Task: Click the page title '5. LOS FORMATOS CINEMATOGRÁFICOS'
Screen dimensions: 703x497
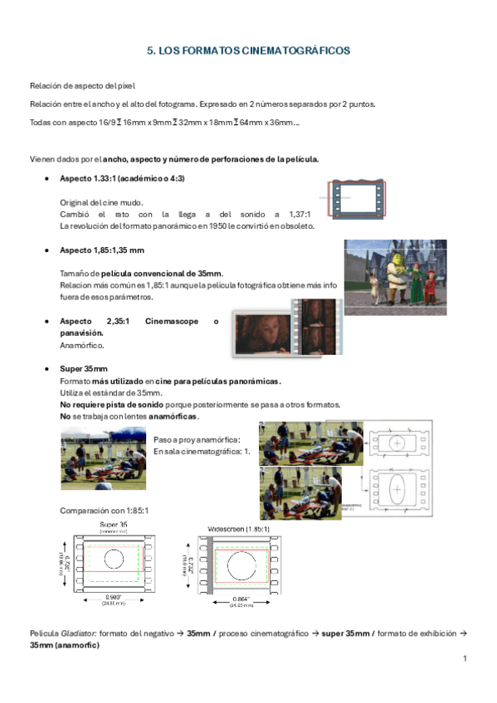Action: pyautogui.click(x=248, y=51)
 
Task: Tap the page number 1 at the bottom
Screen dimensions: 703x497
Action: pyautogui.click(x=465, y=658)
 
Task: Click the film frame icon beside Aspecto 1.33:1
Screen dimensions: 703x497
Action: pyautogui.click(x=358, y=199)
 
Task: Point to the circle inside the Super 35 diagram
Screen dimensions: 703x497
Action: pyautogui.click(x=114, y=557)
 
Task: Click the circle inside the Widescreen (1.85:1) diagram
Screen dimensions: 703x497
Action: pyautogui.click(x=243, y=565)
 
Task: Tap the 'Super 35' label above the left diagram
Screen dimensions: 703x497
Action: pyautogui.click(x=114, y=526)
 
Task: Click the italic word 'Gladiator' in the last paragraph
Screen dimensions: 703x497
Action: pyautogui.click(x=75, y=633)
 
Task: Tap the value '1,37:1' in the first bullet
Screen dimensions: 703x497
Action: pyautogui.click(x=294, y=213)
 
